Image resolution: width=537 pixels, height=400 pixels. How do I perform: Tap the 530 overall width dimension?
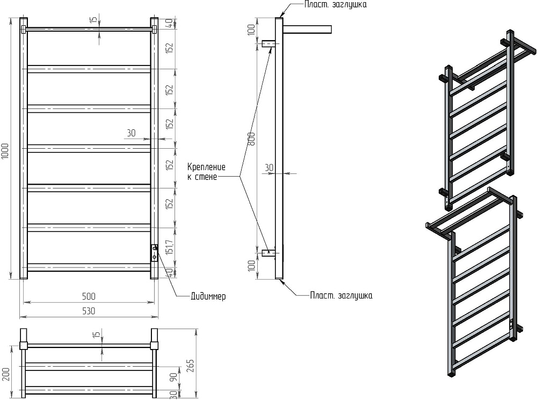[89, 311]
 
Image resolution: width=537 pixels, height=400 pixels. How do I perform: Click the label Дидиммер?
[208, 296]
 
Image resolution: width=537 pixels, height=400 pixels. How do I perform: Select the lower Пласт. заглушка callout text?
[341, 295]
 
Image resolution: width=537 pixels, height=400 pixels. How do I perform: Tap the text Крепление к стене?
[207, 171]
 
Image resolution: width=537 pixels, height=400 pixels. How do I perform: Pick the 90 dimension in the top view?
[173, 377]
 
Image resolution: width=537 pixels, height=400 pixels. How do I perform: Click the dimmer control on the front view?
[155, 252]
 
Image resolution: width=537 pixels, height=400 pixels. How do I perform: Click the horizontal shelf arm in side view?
[307, 28]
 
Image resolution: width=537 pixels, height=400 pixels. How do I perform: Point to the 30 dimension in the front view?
[131, 133]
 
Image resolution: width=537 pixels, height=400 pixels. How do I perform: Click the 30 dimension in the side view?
[269, 168]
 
